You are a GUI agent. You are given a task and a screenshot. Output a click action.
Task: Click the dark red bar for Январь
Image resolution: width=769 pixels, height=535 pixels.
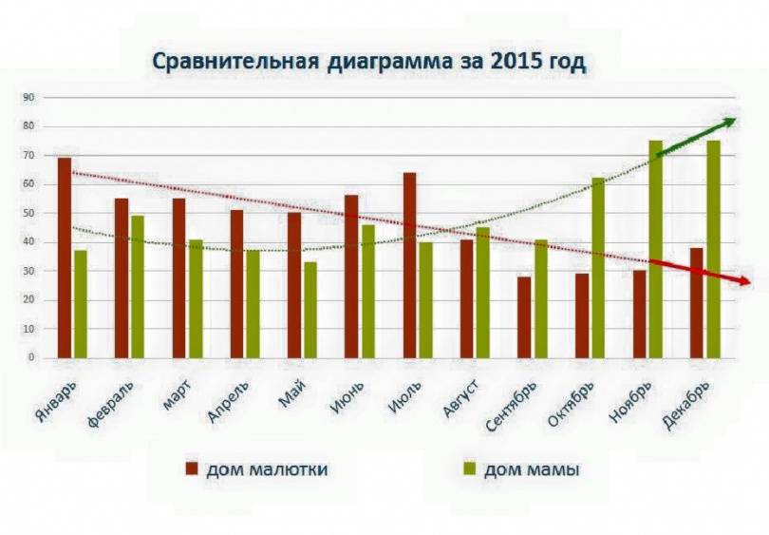point(65,258)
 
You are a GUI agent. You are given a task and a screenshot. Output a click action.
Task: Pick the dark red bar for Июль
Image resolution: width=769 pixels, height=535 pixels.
point(409,265)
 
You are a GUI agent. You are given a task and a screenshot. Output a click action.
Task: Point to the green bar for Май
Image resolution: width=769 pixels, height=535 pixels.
point(309,310)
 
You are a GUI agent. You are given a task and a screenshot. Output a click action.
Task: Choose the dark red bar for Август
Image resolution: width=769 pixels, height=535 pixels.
point(466,298)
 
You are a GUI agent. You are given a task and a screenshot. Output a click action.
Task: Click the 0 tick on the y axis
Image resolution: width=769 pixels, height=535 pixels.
point(30,358)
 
